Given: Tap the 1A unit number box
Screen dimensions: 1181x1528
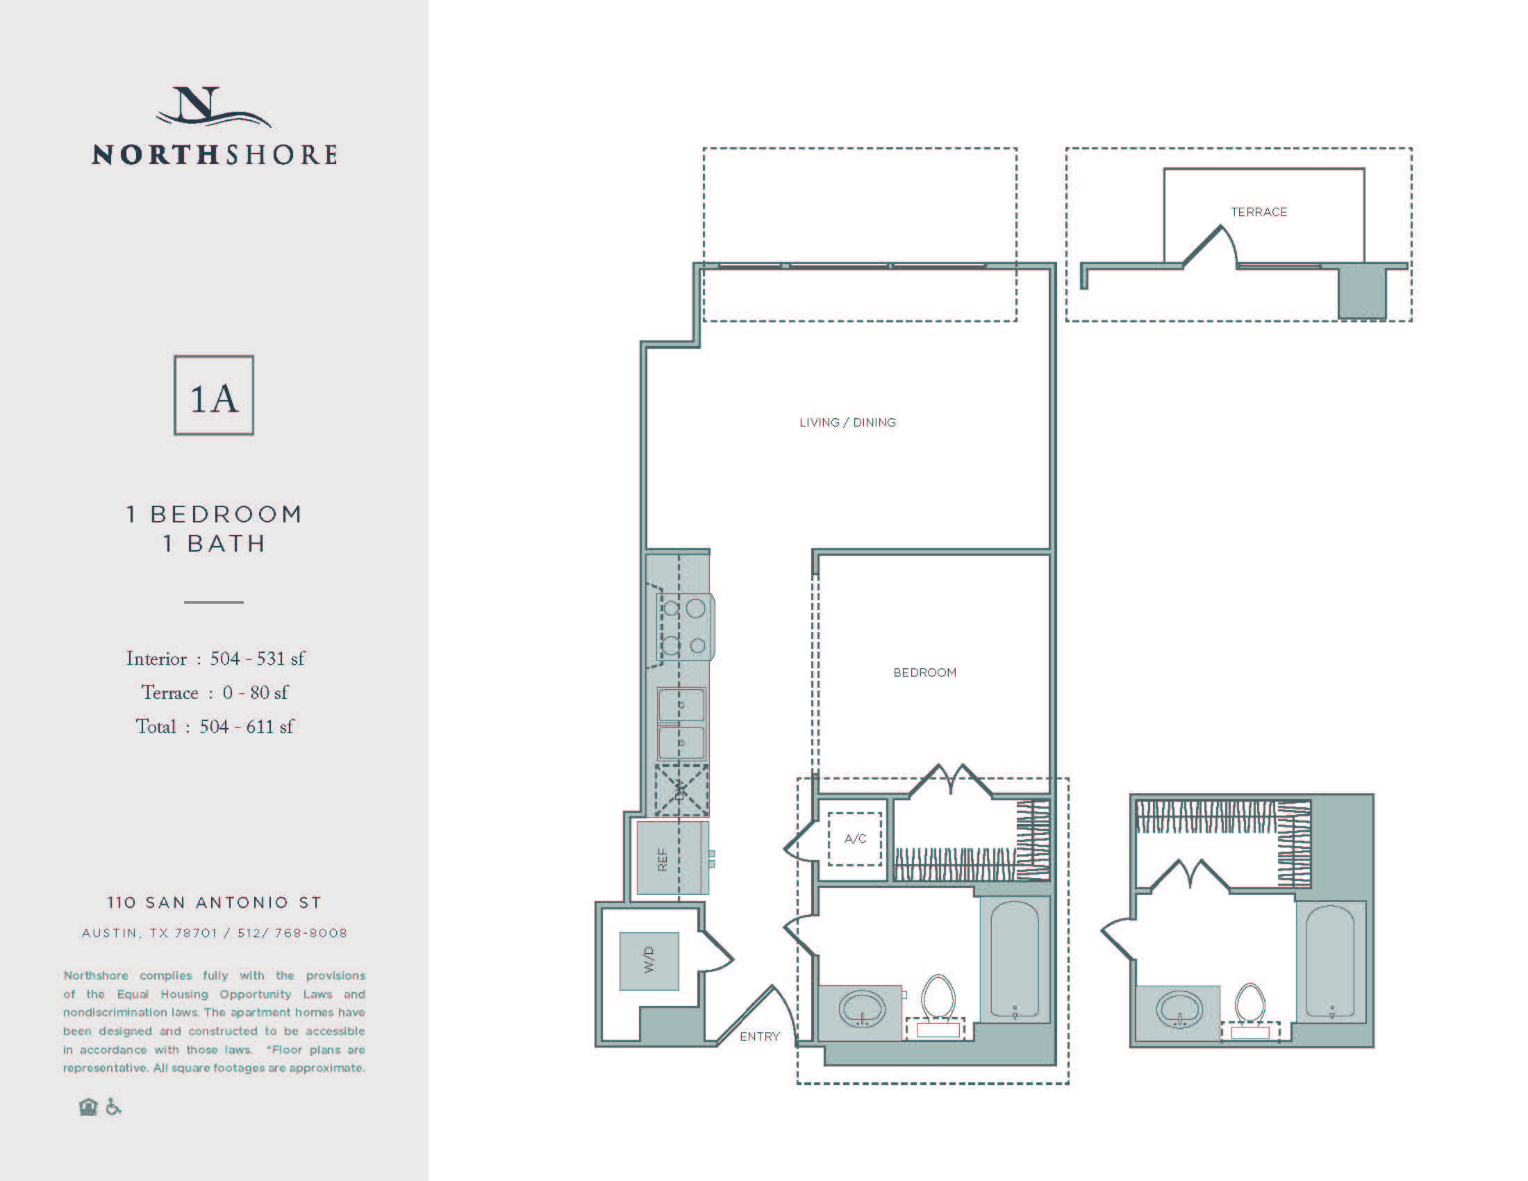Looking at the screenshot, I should pos(214,395).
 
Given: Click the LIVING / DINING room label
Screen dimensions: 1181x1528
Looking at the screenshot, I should pos(847,422).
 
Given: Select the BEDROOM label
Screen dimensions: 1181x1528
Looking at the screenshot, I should pos(924,672).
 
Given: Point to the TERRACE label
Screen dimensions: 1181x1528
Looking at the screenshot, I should pos(1259,212).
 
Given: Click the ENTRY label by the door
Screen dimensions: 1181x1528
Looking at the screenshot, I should pos(759,1037).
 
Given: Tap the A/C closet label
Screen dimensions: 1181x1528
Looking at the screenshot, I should pos(855,839).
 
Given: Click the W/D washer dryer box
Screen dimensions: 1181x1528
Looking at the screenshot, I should pos(649,961).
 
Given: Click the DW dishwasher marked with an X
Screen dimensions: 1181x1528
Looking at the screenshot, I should pos(681,791).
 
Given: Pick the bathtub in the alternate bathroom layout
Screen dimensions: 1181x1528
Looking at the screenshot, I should pos(1330,961).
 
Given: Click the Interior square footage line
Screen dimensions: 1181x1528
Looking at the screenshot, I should pos(215,659).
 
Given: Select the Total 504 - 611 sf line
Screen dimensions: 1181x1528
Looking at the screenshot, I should pos(215,727).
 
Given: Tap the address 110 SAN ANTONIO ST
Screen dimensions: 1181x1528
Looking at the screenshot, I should pos(214,902).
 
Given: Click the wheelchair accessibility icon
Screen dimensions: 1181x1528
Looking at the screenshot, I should pos(113,1107).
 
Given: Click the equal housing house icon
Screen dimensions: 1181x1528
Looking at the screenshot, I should pos(88,1107).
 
